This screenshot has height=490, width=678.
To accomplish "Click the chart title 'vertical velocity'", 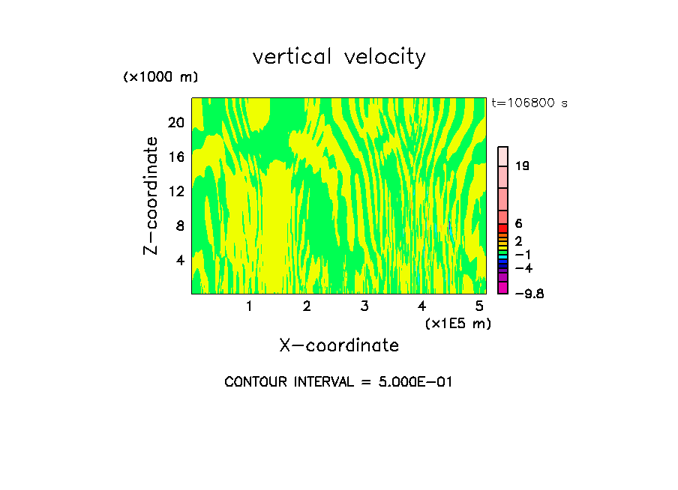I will click(x=339, y=57).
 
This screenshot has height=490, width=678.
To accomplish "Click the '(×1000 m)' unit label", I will click(x=160, y=77).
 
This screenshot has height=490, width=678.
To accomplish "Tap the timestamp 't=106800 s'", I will click(x=529, y=103).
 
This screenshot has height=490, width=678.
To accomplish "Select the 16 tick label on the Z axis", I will click(x=175, y=157).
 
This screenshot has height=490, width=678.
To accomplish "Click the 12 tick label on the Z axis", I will click(x=175, y=191).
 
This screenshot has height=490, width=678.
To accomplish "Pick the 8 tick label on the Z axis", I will click(x=179, y=226).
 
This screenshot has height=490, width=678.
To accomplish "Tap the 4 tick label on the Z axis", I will click(x=179, y=260).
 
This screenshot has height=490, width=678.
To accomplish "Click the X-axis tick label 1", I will click(x=249, y=306).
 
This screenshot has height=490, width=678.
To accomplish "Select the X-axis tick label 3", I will click(x=364, y=306).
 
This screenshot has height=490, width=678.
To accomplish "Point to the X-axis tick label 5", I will click(x=479, y=306).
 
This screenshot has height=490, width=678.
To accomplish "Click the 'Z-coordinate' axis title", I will click(x=151, y=196).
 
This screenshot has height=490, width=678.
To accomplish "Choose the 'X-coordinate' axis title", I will click(x=339, y=345).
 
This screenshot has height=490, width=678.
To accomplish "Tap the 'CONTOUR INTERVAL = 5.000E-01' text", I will click(x=339, y=382).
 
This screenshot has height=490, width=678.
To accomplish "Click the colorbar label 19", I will click(x=523, y=166).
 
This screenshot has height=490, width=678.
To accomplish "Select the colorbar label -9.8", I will click(x=529, y=294).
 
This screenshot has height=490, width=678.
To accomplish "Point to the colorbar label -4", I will click(x=523, y=268).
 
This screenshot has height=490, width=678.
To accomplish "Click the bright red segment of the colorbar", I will click(x=503, y=228).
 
